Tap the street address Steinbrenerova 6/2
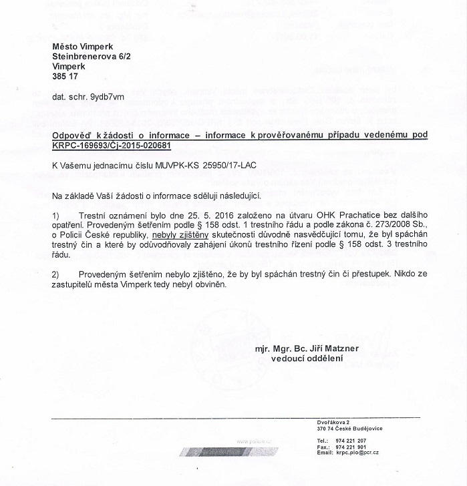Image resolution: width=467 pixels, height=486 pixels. pyautogui.click(x=96, y=57)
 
